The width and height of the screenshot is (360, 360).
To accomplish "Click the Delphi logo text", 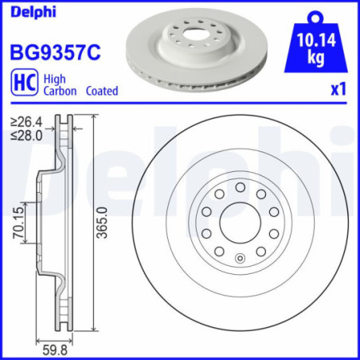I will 27,12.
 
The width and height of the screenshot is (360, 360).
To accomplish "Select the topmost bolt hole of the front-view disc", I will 240,186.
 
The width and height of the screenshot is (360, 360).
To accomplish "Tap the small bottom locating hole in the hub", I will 240,257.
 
